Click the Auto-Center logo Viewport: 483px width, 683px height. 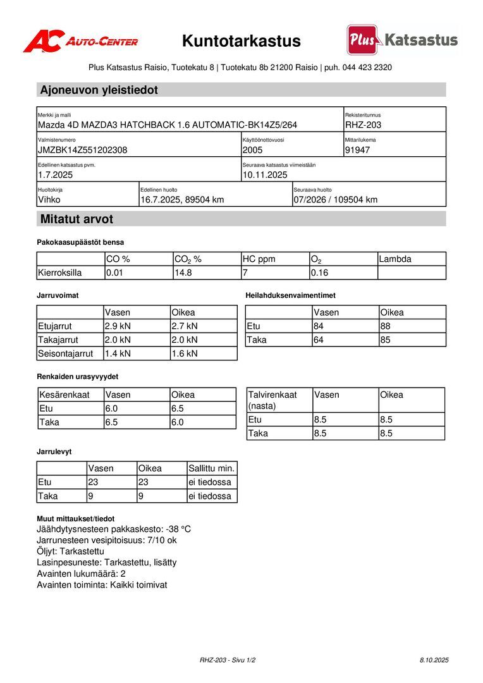(x=80, y=42)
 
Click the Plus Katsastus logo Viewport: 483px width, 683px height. (x=402, y=40)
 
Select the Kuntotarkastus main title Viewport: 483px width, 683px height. (x=241, y=42)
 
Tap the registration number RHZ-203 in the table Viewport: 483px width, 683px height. (x=363, y=125)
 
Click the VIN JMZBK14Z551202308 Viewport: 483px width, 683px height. (x=82, y=151)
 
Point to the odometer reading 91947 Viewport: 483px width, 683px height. (x=358, y=151)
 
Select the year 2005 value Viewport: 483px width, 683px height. (x=252, y=151)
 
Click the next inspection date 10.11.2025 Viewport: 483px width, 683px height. (x=265, y=175)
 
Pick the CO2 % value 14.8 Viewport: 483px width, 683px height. (x=183, y=273)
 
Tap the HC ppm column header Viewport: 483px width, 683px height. (x=259, y=259)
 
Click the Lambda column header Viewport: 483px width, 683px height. (x=395, y=259)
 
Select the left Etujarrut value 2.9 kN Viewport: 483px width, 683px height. (x=118, y=326)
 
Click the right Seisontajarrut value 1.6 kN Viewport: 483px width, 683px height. (x=185, y=354)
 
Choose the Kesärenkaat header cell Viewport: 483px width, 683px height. (x=64, y=395)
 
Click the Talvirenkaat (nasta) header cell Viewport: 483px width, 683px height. (x=272, y=400)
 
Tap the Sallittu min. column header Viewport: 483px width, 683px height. (x=212, y=469)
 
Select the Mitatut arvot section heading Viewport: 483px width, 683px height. (x=76, y=219)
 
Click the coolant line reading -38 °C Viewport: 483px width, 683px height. (x=114, y=529)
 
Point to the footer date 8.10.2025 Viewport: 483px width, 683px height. (x=434, y=660)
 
